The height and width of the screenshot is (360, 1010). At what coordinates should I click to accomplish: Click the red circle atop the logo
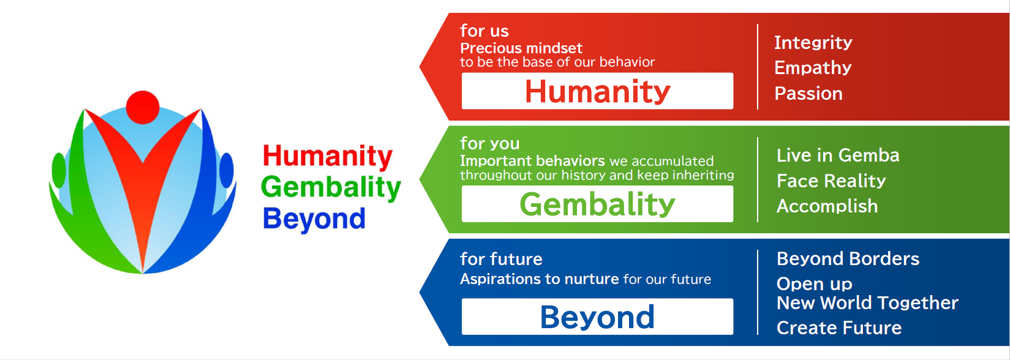[143, 107]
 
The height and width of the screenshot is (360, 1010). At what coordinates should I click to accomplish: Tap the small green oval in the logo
[59, 170]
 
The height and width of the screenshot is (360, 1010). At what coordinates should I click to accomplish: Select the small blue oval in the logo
[227, 170]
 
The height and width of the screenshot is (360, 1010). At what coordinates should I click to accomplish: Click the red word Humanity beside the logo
[327, 157]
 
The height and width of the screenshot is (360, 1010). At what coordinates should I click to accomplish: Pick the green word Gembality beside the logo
[331, 187]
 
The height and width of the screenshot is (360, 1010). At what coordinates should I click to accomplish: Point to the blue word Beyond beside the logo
[314, 219]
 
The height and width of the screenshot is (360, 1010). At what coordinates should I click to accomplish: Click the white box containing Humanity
[597, 91]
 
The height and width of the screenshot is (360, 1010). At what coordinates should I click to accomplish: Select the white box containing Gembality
[597, 204]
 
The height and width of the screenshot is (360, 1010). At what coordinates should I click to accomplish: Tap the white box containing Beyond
[597, 317]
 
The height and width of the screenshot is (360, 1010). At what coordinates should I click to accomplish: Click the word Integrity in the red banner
[813, 43]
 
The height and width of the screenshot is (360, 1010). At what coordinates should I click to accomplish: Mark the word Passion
[808, 93]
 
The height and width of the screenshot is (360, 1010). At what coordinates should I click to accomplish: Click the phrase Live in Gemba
[838, 156]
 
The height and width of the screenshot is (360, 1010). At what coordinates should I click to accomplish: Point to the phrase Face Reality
[831, 181]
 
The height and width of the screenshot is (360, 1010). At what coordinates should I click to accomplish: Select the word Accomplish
[827, 206]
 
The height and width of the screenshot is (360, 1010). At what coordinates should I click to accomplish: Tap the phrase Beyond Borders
[848, 259]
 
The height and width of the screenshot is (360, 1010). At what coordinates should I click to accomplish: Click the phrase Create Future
[839, 328]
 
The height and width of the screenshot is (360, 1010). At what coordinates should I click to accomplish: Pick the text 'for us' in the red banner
[484, 31]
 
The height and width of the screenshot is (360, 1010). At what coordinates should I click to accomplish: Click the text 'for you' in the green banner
[489, 144]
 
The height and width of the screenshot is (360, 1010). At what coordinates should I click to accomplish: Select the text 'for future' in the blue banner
[501, 259]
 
